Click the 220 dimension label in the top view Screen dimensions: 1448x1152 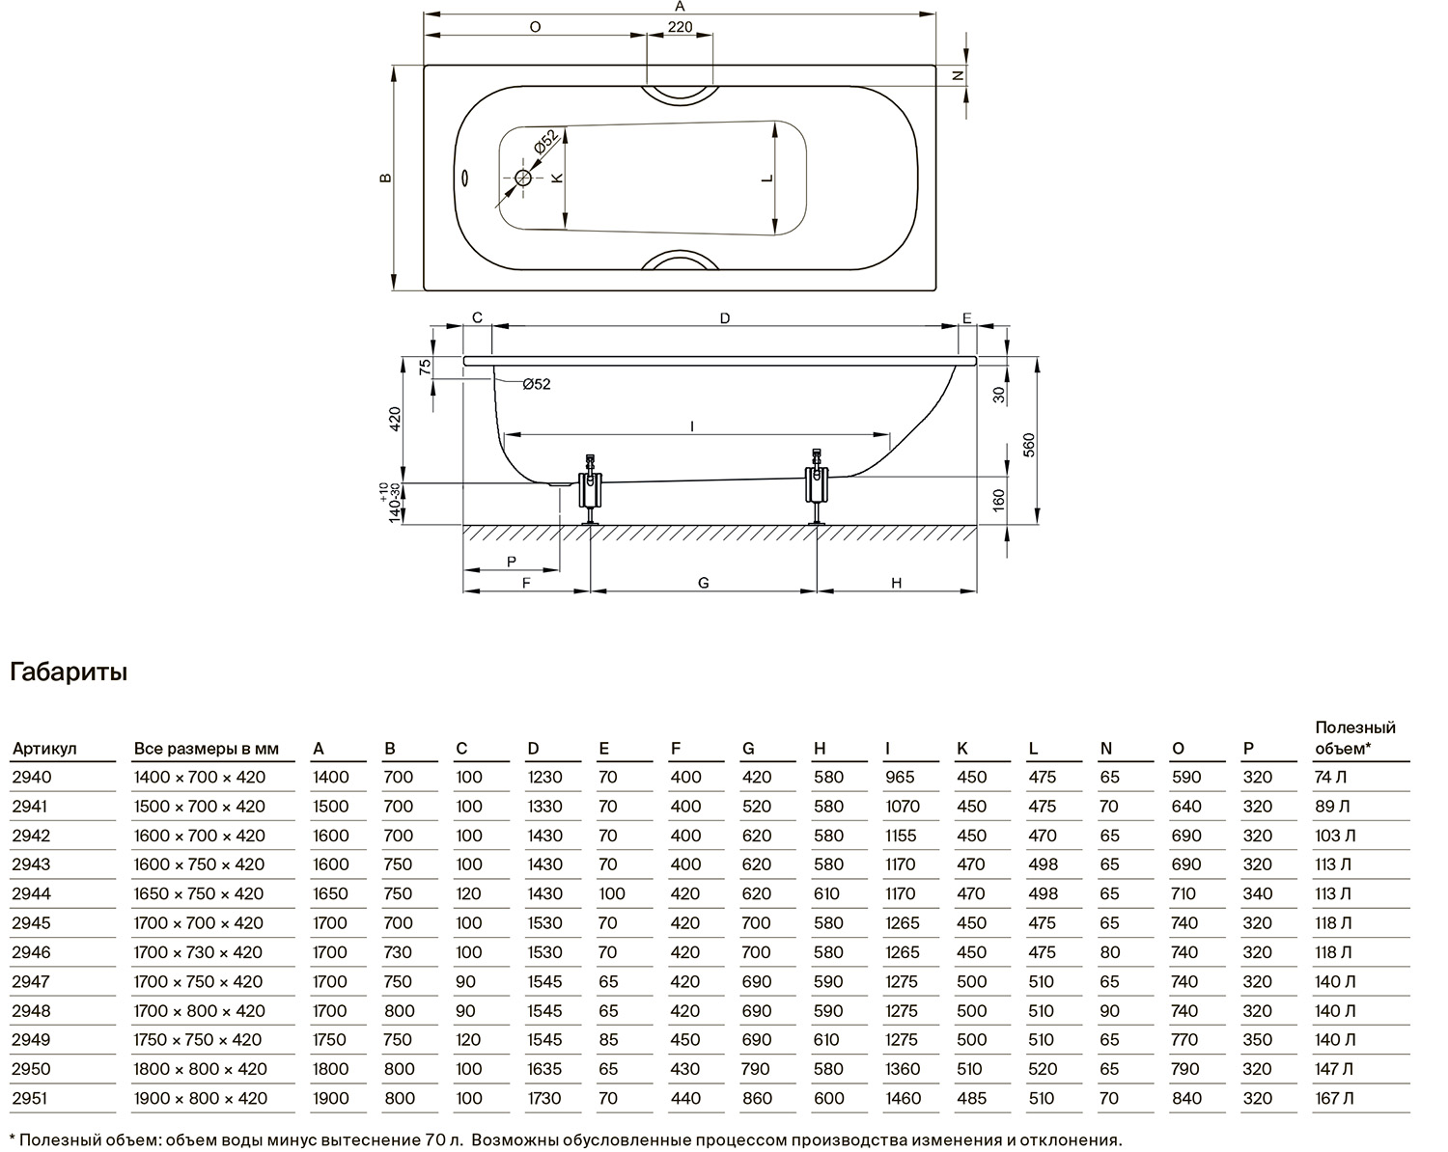click(x=680, y=27)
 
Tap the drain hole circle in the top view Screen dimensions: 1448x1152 click(x=523, y=178)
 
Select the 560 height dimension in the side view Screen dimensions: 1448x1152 click(x=1029, y=445)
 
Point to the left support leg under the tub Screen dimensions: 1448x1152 click(x=590, y=488)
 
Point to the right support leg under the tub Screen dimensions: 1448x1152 click(x=817, y=485)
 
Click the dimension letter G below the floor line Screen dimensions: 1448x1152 click(x=703, y=583)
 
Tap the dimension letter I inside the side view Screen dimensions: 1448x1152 click(x=692, y=425)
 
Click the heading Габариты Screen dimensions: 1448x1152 click(x=69, y=672)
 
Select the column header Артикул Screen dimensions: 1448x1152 click(x=44, y=749)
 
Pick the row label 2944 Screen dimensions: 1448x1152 click(x=32, y=893)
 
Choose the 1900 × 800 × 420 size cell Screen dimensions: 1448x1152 click(x=201, y=1098)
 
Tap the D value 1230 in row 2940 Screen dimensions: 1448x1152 click(x=544, y=778)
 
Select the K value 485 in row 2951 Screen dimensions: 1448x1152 click(x=972, y=1098)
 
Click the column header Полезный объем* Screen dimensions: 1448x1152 click(x=1355, y=738)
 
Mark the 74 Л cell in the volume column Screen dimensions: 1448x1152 click(x=1331, y=778)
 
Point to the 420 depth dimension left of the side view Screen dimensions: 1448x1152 click(x=395, y=419)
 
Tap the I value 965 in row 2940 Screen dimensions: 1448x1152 click(x=901, y=778)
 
